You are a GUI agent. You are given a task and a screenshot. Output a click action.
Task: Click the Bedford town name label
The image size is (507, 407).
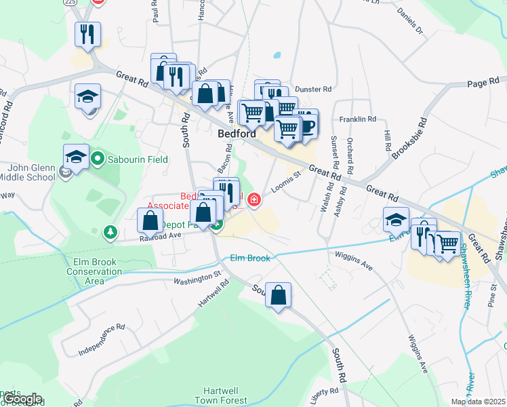(x=237, y=134)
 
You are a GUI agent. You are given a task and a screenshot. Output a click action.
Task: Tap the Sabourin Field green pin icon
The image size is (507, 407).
(x=98, y=160)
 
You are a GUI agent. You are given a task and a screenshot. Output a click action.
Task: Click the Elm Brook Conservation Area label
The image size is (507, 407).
(x=95, y=271)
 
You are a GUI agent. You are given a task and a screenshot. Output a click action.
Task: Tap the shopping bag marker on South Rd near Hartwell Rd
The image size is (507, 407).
(x=278, y=296)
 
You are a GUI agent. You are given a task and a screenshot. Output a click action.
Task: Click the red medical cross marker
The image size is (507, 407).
(x=254, y=199)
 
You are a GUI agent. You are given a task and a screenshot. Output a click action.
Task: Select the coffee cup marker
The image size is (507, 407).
(x=306, y=125)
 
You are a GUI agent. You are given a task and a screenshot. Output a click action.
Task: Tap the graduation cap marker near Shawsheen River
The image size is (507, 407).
(x=396, y=220)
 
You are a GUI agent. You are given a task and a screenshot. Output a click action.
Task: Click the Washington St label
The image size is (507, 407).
(x=197, y=279)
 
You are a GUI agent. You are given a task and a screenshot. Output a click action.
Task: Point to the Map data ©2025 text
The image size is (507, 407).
(x=478, y=402)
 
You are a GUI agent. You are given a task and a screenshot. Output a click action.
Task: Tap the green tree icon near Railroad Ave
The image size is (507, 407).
(x=110, y=233)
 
